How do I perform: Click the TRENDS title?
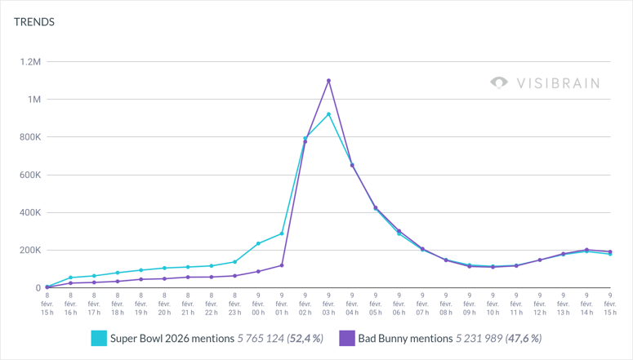click(x=34, y=22)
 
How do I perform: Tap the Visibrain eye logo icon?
click(x=498, y=82)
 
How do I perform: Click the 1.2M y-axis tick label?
click(x=30, y=62)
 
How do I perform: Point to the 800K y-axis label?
click(x=30, y=137)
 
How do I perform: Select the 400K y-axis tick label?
click(x=30, y=212)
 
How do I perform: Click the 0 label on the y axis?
click(x=38, y=288)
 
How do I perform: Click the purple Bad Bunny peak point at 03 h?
click(x=328, y=81)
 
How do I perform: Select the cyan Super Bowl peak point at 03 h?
click(x=328, y=114)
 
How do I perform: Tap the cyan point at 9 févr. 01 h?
click(x=282, y=233)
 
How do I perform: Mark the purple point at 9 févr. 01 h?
click(x=282, y=265)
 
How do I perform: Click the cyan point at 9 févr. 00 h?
click(x=258, y=244)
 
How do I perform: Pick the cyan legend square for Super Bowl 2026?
click(x=99, y=338)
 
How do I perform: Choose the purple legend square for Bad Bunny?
click(x=346, y=338)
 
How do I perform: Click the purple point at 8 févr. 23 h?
click(x=234, y=276)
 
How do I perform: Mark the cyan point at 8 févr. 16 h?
click(x=70, y=278)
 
